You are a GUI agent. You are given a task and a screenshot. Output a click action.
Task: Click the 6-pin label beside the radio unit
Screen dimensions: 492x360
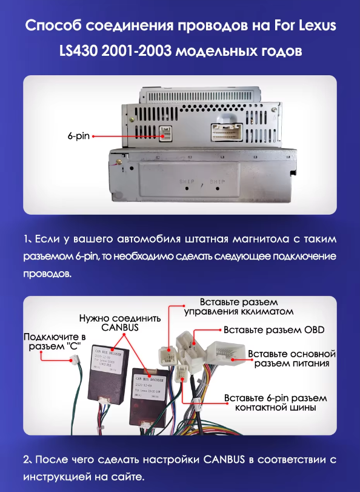point(78,136)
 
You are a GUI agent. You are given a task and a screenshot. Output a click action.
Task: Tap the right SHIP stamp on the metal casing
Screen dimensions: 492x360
point(218,181)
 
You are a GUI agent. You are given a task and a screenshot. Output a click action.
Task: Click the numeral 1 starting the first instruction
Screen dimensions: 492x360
point(26,238)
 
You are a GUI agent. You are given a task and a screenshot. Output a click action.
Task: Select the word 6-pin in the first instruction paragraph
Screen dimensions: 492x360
point(88,257)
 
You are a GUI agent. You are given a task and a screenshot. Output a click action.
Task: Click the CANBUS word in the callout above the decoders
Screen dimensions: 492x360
point(120,328)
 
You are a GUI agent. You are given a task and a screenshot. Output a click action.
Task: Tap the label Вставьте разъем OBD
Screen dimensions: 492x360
point(274,331)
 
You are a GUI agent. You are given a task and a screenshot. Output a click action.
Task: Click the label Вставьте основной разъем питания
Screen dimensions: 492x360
point(292,359)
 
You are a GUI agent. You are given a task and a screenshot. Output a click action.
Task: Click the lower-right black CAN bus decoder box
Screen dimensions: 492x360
point(149,389)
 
